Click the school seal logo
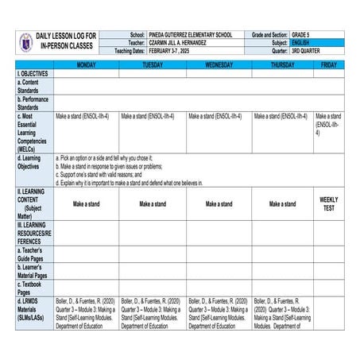(x=27, y=41)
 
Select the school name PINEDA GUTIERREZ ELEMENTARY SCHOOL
(x=190, y=36)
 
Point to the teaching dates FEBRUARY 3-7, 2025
(x=172, y=50)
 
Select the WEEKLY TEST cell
(x=329, y=203)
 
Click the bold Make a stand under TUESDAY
(x=153, y=204)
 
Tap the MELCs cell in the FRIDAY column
(x=329, y=125)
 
